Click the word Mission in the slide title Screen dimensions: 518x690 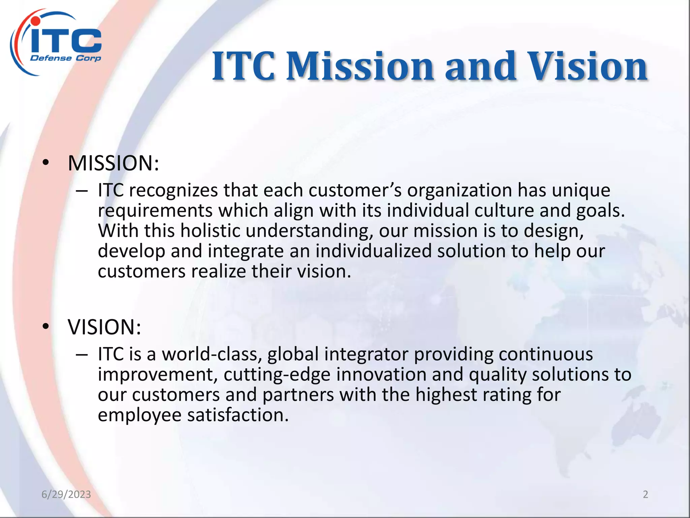pyautogui.click(x=360, y=66)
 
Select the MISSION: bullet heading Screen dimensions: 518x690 pyautogui.click(x=113, y=163)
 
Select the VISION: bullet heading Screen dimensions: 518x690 pyautogui.click(x=104, y=327)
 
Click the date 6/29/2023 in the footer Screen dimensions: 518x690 pyautogui.click(x=66, y=494)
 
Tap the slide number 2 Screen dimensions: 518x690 pyautogui.click(x=645, y=494)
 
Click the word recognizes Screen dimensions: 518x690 pyautogui.click(x=173, y=191)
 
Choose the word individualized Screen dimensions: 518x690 pyautogui.click(x=373, y=251)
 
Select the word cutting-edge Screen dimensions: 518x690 pyautogui.click(x=277, y=375)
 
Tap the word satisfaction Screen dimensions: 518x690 pyautogui.click(x=238, y=415)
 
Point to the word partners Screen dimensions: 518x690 pyautogui.click(x=298, y=395)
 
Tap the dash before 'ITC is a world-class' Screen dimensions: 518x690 pyautogui.click(x=82, y=355)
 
